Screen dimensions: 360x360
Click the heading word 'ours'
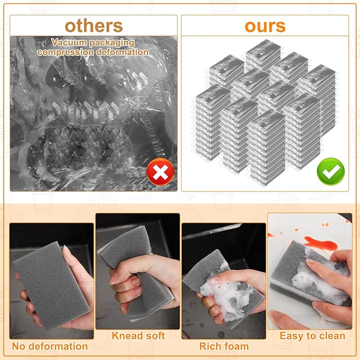pyautogui.click(x=265, y=25)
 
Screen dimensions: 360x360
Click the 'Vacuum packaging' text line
pyautogui.click(x=93, y=43)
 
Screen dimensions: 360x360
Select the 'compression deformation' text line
pyautogui.click(x=93, y=52)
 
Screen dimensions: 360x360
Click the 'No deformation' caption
pyautogui.click(x=50, y=346)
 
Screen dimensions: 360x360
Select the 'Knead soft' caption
pyautogui.click(x=138, y=335)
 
